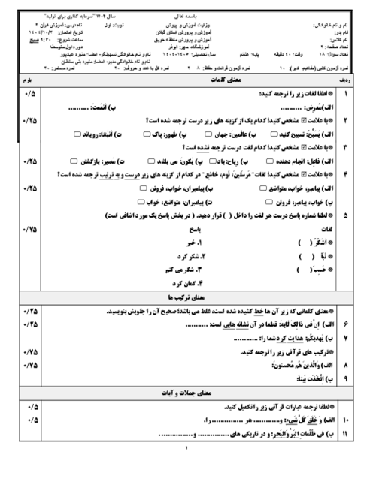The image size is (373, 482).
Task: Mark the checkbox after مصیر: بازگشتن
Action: (x=73, y=161)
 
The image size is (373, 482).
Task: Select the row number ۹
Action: (x=345, y=379)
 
